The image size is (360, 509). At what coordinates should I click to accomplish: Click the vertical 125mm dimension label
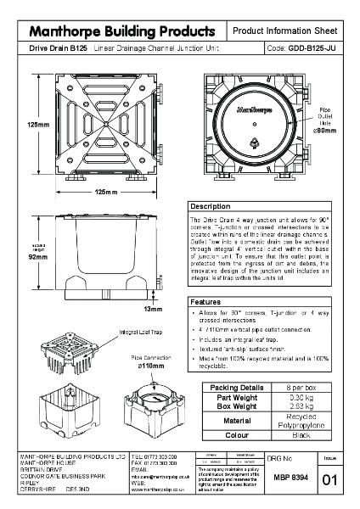[x=37, y=125]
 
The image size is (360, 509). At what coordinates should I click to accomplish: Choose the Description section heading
[x=210, y=206]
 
